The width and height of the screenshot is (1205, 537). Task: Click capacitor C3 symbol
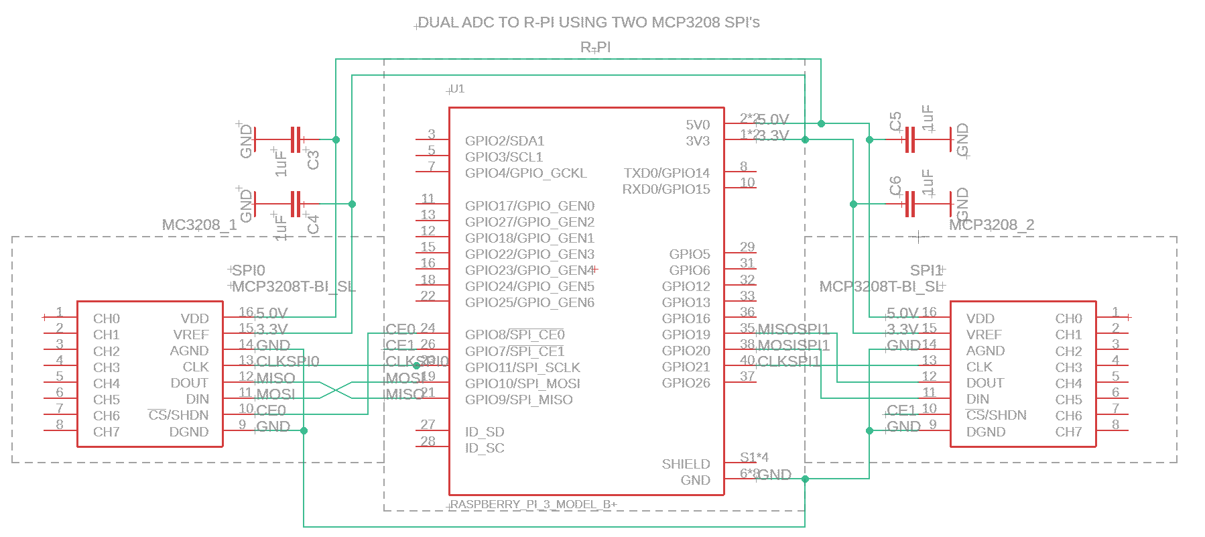(296, 139)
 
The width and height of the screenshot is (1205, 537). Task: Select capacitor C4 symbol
(296, 204)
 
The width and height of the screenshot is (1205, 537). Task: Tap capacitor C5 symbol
(910, 139)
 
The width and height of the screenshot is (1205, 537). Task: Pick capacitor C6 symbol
(910, 204)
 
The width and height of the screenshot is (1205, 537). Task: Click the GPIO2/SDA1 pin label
(505, 141)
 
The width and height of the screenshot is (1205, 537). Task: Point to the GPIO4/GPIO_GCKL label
(525, 173)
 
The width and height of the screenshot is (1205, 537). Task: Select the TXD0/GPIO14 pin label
(666, 173)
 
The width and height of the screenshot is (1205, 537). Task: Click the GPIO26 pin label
(686, 383)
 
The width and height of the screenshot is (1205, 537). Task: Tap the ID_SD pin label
(485, 432)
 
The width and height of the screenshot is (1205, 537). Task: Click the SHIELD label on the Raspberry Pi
(686, 464)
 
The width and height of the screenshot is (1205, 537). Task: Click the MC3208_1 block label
(199, 225)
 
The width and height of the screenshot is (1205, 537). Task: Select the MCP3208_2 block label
(991, 225)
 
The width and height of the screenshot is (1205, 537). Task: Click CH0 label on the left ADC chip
(107, 318)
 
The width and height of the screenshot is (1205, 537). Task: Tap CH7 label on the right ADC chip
(1068, 432)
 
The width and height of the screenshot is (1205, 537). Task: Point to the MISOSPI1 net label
(793, 329)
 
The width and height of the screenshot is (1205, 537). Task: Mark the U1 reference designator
(457, 88)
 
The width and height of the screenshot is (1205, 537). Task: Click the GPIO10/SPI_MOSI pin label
(523, 383)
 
